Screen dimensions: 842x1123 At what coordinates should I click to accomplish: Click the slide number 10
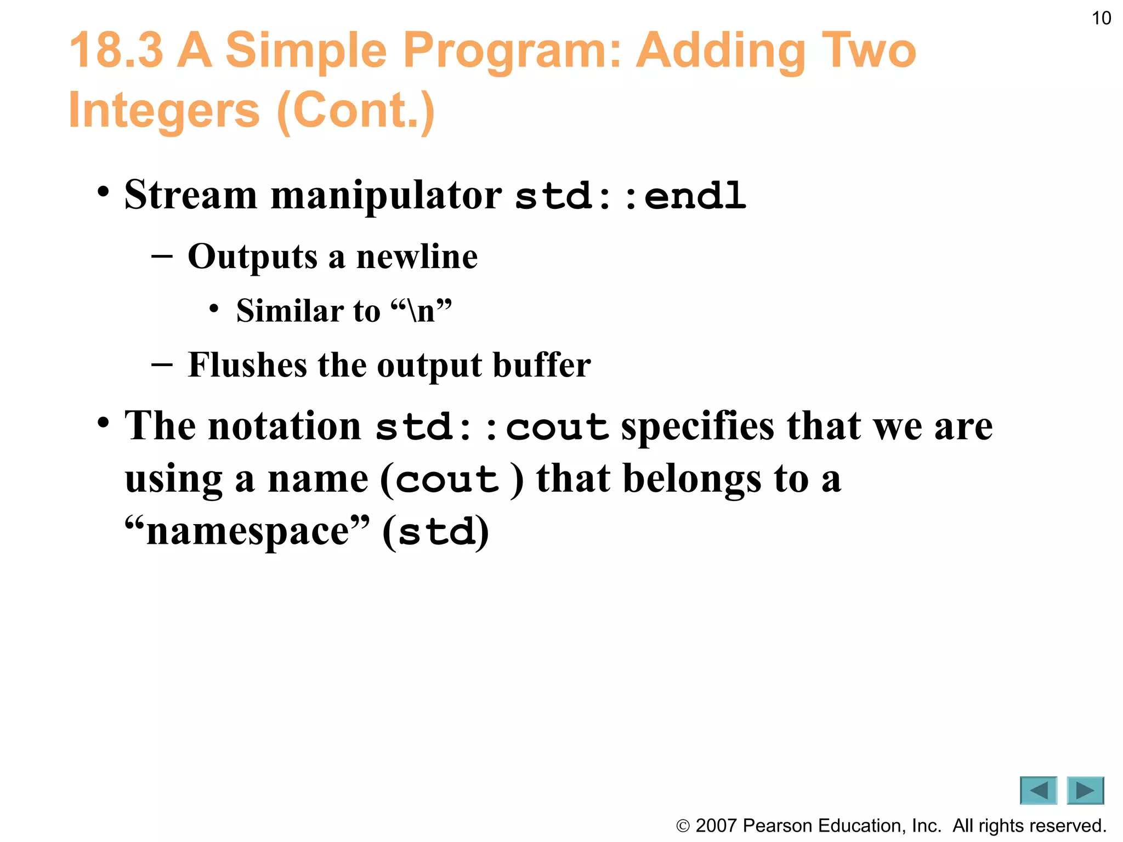tap(1101, 19)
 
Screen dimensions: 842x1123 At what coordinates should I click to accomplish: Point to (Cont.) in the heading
tap(356, 111)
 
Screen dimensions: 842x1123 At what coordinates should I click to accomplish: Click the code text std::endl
tap(631, 196)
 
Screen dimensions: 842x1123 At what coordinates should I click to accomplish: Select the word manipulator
tap(385, 196)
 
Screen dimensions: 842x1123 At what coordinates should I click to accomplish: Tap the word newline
tap(417, 257)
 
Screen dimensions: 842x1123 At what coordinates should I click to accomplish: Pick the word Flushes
tap(247, 365)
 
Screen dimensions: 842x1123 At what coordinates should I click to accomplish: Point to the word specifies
tap(697, 426)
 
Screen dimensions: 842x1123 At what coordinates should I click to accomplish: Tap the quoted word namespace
tap(247, 532)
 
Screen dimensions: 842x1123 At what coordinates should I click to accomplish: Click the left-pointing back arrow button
tap(1038, 790)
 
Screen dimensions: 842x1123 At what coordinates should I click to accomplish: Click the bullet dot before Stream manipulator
tap(103, 193)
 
